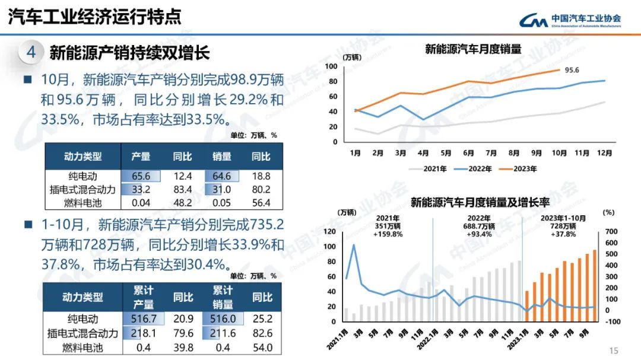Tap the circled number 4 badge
(31, 52)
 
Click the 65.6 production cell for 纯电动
(141, 176)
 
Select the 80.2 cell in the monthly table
(261, 190)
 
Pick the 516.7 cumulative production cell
(141, 320)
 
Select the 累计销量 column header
(223, 297)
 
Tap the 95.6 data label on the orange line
(572, 70)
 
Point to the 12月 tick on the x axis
(604, 152)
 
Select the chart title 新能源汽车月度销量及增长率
(480, 203)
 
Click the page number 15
(614, 351)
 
